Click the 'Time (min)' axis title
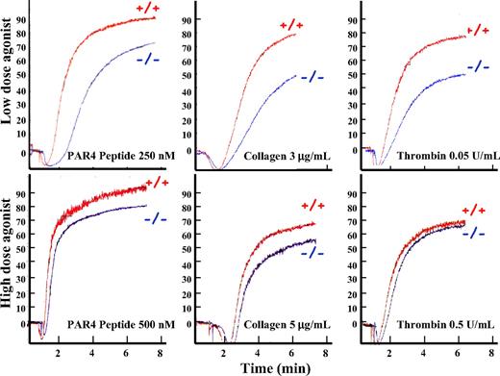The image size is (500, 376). tap(270, 366)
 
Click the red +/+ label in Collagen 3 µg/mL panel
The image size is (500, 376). tap(289, 25)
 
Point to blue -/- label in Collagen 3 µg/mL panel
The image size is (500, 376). tap(312, 77)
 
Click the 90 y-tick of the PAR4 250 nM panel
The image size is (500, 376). tap(20, 18)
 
